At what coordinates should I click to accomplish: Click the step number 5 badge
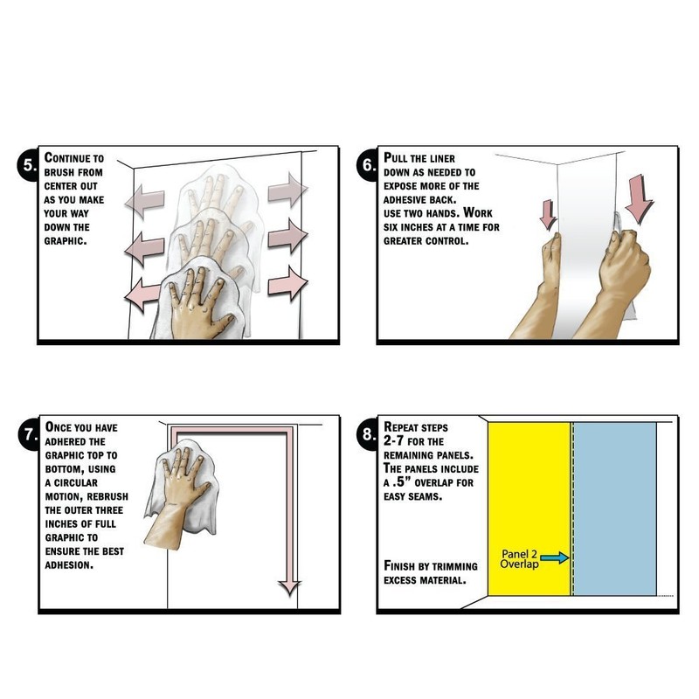point(29,165)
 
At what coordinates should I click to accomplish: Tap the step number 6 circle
point(368,165)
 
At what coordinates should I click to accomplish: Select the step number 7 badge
point(30,434)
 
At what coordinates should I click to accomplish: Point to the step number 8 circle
point(368,434)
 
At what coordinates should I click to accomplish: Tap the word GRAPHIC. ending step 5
point(65,241)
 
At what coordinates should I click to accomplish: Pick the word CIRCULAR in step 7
point(76,483)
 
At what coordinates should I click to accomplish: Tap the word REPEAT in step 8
point(401,427)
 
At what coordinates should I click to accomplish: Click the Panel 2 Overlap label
point(519,559)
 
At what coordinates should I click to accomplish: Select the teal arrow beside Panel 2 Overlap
point(555,557)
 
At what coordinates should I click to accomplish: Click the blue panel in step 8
point(614,509)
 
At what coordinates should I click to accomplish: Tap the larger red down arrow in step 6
point(640,198)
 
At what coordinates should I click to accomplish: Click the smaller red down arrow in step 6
point(548,214)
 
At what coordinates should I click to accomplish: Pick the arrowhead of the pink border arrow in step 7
point(290,588)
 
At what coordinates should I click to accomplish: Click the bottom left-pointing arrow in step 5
point(142,294)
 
